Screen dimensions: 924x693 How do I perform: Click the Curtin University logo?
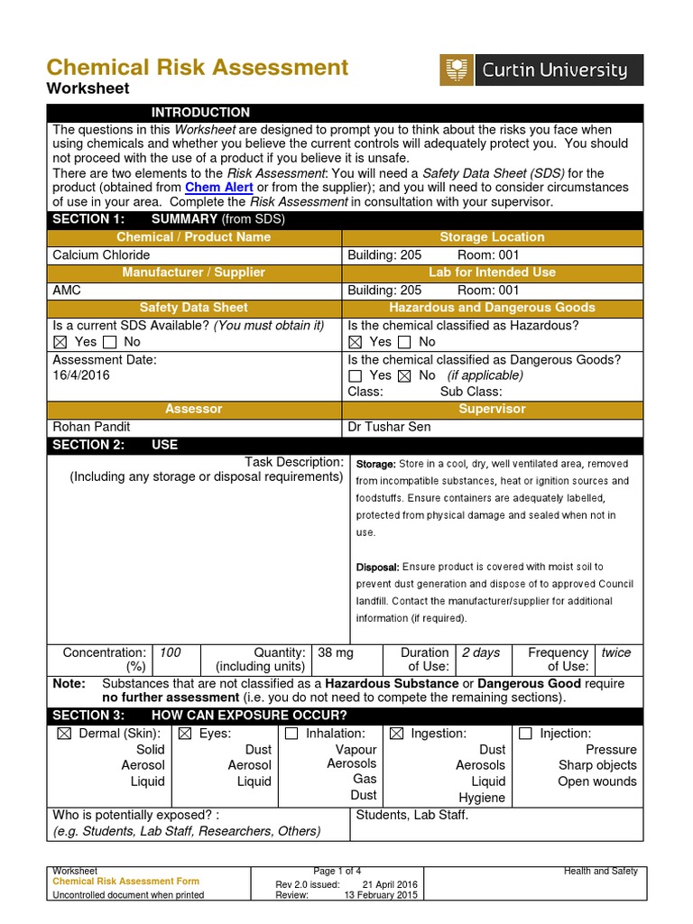541,69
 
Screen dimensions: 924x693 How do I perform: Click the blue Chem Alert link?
219,187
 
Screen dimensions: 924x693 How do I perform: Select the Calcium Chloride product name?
102,255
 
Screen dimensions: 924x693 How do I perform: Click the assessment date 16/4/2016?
81,375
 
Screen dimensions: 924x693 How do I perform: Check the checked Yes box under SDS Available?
60,342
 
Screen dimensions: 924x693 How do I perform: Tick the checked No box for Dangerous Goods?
404,375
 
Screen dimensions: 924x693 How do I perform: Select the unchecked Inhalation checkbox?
291,735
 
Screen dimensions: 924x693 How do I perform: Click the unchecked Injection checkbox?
525,735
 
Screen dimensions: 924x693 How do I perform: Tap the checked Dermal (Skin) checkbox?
63,735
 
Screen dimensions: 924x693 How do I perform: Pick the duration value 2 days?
480,652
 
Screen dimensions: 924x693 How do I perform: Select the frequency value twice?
616,652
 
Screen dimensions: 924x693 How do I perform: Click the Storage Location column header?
492,237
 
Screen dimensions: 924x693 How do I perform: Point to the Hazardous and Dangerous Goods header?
492,308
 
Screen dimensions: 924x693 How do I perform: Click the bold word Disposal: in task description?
377,568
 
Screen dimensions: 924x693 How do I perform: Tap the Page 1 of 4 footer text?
336,871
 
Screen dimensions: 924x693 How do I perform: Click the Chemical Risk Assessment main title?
197,67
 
